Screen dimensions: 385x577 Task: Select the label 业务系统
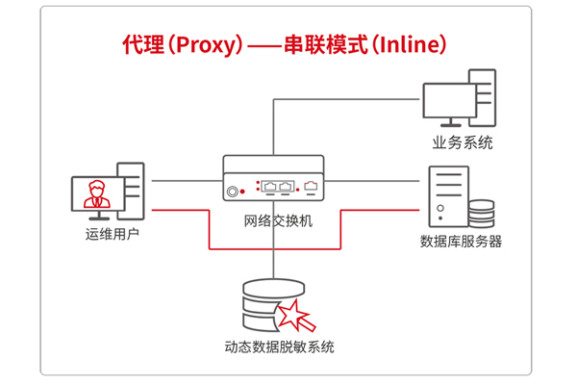[x=463, y=142]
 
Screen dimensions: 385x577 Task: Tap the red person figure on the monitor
[x=94, y=193]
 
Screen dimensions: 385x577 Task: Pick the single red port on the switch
[x=310, y=183]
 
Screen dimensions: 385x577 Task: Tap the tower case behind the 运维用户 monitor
[x=131, y=188]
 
